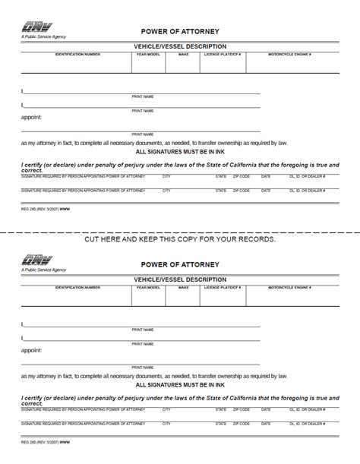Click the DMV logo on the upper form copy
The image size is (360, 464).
coord(35,26)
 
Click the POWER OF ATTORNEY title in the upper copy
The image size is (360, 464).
coord(180,31)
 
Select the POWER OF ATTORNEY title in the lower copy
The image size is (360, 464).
coord(180,264)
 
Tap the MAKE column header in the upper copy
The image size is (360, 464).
coord(184,55)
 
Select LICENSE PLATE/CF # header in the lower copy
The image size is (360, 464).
coord(225,288)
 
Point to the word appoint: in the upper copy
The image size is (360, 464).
coord(31,117)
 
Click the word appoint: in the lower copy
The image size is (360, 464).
coord(31,350)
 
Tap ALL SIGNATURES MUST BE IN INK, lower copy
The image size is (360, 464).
coord(180,385)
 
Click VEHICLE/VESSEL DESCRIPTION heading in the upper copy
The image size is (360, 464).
coord(180,47)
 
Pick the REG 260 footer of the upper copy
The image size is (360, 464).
coord(35,209)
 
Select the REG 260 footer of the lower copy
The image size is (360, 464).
coord(35,442)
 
